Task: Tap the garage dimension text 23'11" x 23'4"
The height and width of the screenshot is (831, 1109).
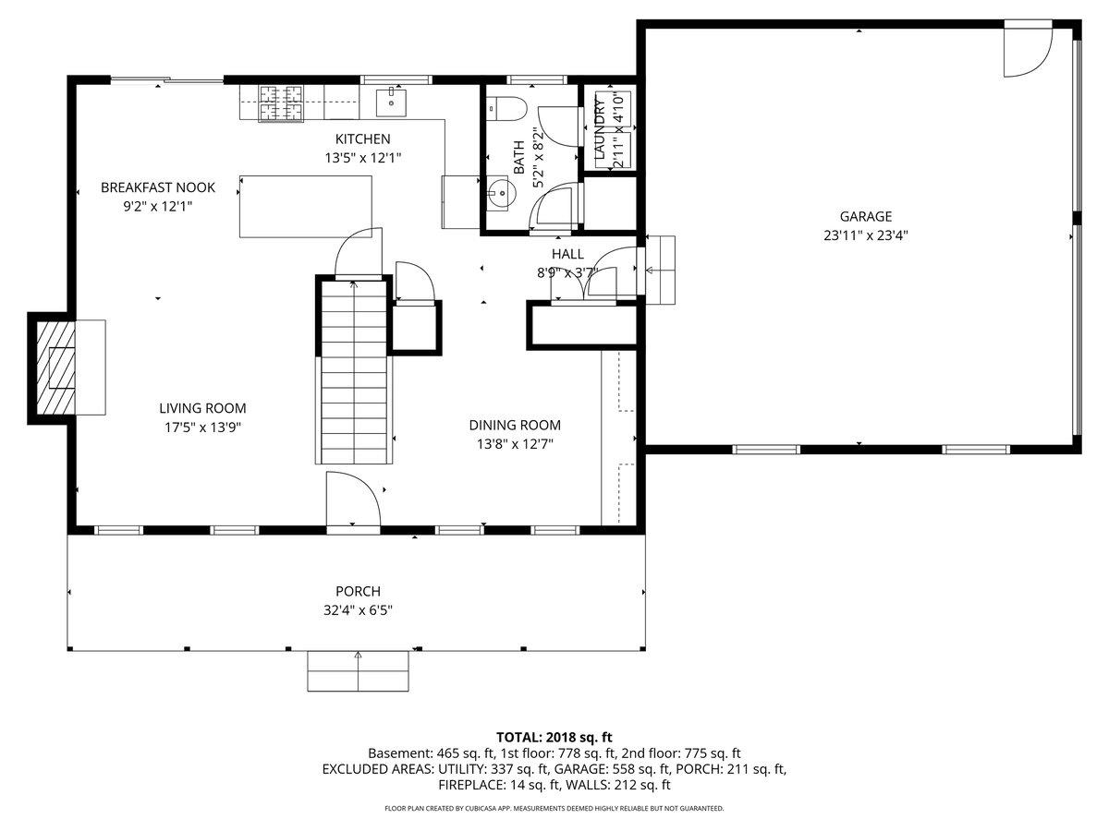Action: point(866,235)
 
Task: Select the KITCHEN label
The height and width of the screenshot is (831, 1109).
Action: point(362,138)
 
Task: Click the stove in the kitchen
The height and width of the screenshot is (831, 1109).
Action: point(281,102)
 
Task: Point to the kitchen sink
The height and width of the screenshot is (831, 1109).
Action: point(392,102)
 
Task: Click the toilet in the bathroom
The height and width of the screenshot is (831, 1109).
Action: point(506,108)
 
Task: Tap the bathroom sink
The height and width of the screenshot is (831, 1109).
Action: point(501,193)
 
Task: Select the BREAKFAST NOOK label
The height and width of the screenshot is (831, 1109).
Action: point(157,187)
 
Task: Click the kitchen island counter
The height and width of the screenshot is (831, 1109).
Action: point(306,206)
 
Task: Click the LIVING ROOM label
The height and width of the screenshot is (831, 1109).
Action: point(202,408)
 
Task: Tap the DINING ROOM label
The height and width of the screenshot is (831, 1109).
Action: point(515,426)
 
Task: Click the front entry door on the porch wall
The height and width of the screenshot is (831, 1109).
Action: point(352,503)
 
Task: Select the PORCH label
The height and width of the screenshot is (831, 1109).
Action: point(358,591)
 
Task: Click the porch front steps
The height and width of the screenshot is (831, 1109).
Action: point(358,670)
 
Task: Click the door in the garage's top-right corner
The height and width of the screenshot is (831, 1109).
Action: point(1027,52)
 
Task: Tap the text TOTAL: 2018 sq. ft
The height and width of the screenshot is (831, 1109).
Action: point(554,737)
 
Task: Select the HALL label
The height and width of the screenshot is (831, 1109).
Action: point(567,254)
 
